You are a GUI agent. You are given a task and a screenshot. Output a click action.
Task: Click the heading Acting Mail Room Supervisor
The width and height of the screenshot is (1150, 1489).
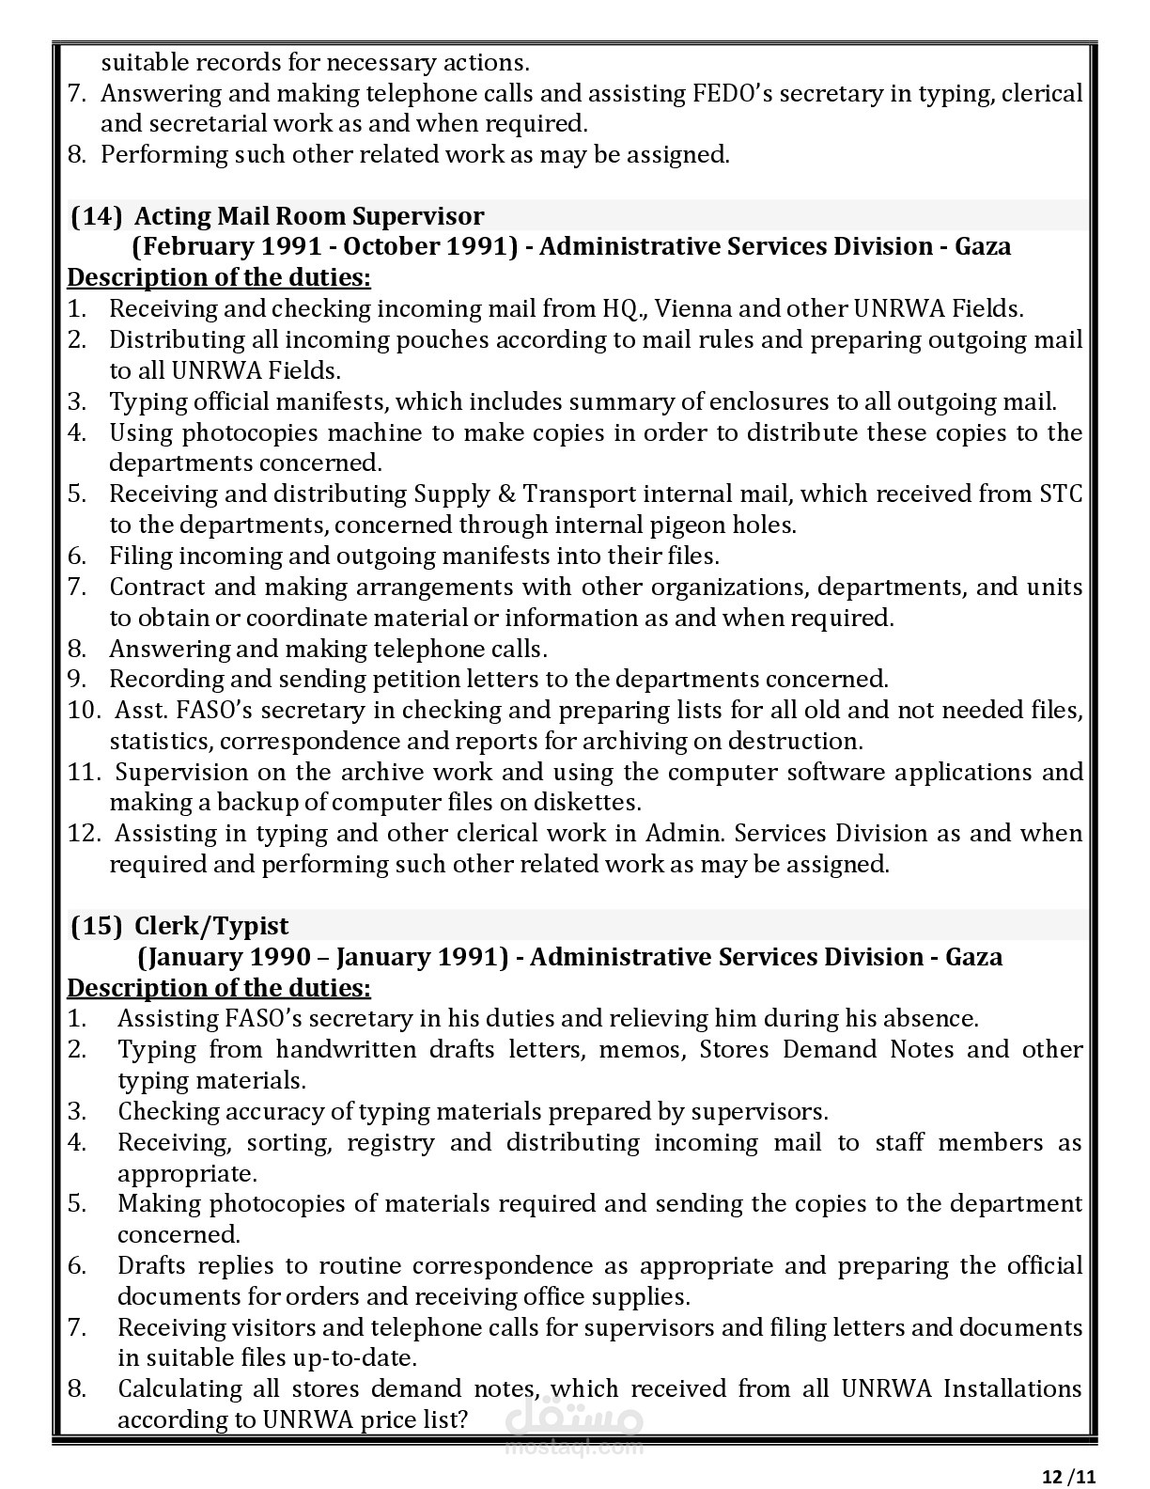click(309, 216)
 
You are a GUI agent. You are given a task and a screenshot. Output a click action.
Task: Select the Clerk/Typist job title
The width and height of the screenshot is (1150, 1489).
click(211, 926)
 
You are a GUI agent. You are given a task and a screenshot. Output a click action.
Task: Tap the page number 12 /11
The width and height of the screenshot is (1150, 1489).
click(1069, 1476)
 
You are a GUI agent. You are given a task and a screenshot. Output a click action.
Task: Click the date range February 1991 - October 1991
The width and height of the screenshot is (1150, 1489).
click(324, 246)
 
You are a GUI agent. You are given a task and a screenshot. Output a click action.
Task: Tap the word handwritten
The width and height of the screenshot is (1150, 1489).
click(346, 1049)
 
